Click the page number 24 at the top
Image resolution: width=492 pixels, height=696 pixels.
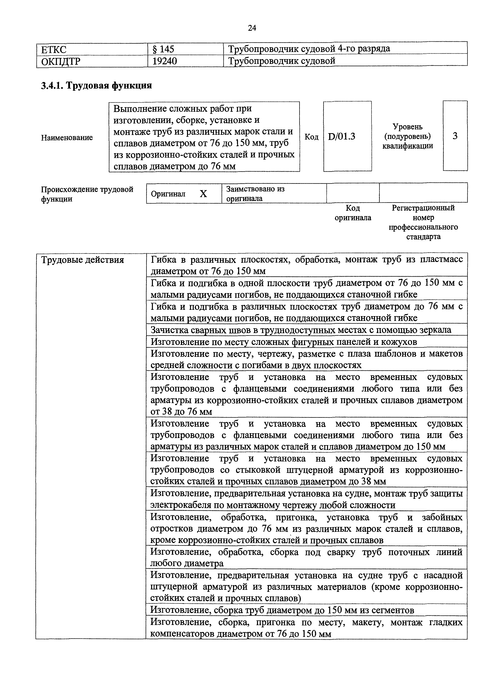pyautogui.click(x=252, y=28)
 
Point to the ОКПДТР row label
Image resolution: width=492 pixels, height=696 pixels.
pyautogui.click(x=61, y=62)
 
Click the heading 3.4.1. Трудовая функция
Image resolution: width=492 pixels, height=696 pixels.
pyautogui.click(x=96, y=86)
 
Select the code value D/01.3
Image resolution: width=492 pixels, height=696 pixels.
pyautogui.click(x=341, y=137)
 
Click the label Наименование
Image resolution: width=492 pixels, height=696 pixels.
pyautogui.click(x=67, y=138)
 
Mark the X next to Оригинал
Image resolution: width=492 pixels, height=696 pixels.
pyautogui.click(x=203, y=194)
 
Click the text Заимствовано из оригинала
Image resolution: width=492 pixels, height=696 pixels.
pyautogui.click(x=255, y=193)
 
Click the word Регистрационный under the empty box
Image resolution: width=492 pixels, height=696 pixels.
pyautogui.click(x=423, y=208)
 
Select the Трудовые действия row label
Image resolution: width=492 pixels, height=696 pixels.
pyautogui.click(x=82, y=260)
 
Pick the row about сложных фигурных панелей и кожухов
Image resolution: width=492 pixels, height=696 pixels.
pyautogui.click(x=284, y=342)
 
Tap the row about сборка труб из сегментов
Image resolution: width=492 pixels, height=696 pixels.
pyautogui.click(x=282, y=610)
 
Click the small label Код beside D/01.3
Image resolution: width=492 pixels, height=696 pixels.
pyautogui.click(x=311, y=137)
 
